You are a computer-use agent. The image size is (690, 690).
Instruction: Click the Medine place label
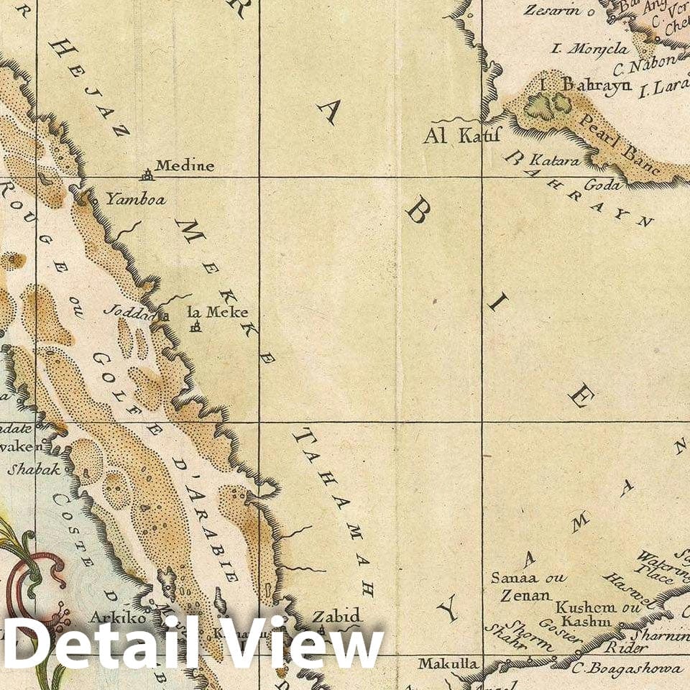point(185,166)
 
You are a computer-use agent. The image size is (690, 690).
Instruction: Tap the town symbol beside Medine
point(147,173)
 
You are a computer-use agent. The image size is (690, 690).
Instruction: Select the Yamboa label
point(136,199)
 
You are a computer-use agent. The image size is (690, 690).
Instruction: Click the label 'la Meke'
point(217,312)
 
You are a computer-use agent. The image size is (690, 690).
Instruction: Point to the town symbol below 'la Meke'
point(195,328)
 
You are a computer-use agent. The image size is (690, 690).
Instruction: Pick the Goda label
point(602,185)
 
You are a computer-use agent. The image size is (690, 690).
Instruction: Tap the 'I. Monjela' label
point(589,49)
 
